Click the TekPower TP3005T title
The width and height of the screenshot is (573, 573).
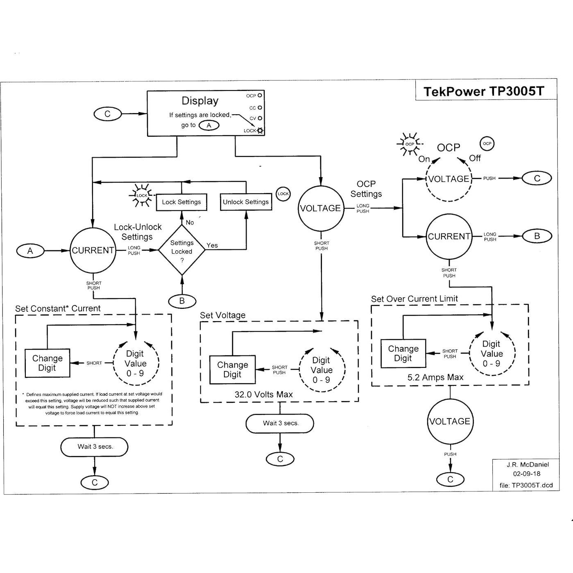click(484, 91)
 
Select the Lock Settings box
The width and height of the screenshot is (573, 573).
click(181, 202)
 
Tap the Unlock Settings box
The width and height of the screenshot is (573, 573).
click(246, 202)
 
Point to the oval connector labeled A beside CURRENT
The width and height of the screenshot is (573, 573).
click(30, 251)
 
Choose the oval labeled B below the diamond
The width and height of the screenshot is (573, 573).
click(182, 301)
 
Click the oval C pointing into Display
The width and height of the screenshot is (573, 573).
click(108, 114)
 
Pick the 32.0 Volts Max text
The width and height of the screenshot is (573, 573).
click(263, 394)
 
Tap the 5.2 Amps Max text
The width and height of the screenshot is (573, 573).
click(435, 377)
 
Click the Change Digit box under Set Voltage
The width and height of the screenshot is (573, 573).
click(232, 369)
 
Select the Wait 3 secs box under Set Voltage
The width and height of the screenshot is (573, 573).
click(280, 423)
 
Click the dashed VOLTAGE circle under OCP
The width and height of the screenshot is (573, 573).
click(449, 179)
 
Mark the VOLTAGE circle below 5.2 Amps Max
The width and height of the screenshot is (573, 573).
click(450, 421)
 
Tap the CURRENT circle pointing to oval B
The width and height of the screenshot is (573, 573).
click(449, 236)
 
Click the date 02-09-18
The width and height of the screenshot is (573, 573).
click(526, 474)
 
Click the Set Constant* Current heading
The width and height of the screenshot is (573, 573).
click(58, 308)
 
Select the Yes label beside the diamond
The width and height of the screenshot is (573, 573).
click(212, 245)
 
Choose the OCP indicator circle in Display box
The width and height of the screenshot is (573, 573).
click(260, 95)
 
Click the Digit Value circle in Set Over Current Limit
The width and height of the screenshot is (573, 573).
click(491, 353)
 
